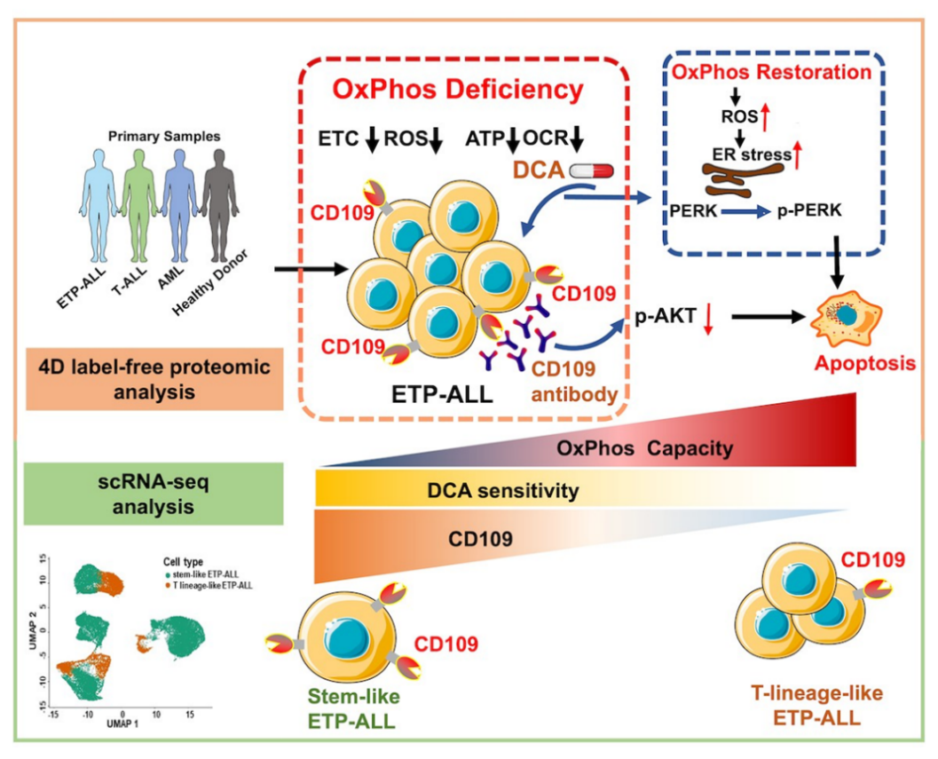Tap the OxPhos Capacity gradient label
646,449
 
